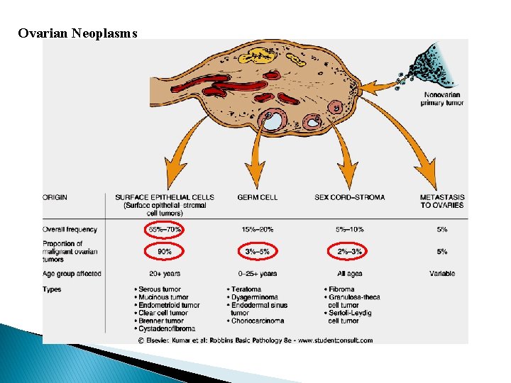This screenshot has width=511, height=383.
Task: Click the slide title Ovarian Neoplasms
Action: tap(77, 33)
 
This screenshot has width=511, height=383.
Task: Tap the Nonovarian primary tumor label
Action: tap(443, 99)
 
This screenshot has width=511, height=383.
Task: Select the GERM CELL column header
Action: tap(257, 197)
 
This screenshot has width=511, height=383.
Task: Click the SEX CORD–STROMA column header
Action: tap(349, 197)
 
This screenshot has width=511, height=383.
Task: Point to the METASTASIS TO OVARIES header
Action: tap(441, 201)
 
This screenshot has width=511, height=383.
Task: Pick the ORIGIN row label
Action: tap(55, 197)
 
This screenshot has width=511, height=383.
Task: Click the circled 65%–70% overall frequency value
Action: tap(164, 230)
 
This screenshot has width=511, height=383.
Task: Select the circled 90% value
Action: tap(164, 252)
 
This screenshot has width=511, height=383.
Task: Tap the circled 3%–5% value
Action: tap(257, 252)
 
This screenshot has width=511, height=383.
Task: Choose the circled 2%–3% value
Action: tap(349, 252)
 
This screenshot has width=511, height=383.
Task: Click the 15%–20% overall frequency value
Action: tap(257, 230)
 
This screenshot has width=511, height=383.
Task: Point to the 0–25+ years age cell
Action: tap(257, 274)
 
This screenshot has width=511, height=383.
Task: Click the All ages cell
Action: tap(349, 274)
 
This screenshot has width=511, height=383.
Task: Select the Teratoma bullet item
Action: tap(245, 289)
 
